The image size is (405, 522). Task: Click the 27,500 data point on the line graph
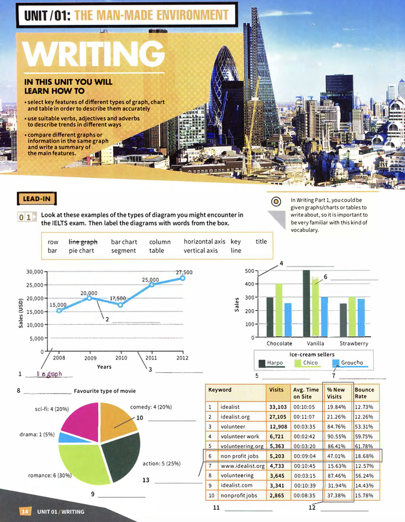[182, 278]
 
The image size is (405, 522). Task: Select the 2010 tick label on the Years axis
[122, 358]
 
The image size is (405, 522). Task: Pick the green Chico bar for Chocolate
[278, 309]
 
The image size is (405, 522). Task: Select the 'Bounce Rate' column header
[365, 393]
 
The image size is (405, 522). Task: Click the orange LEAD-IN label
[36, 199]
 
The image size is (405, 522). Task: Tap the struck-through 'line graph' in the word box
[83, 241]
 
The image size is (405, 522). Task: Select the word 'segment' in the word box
[123, 251]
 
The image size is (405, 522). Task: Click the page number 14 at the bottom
[25, 512]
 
